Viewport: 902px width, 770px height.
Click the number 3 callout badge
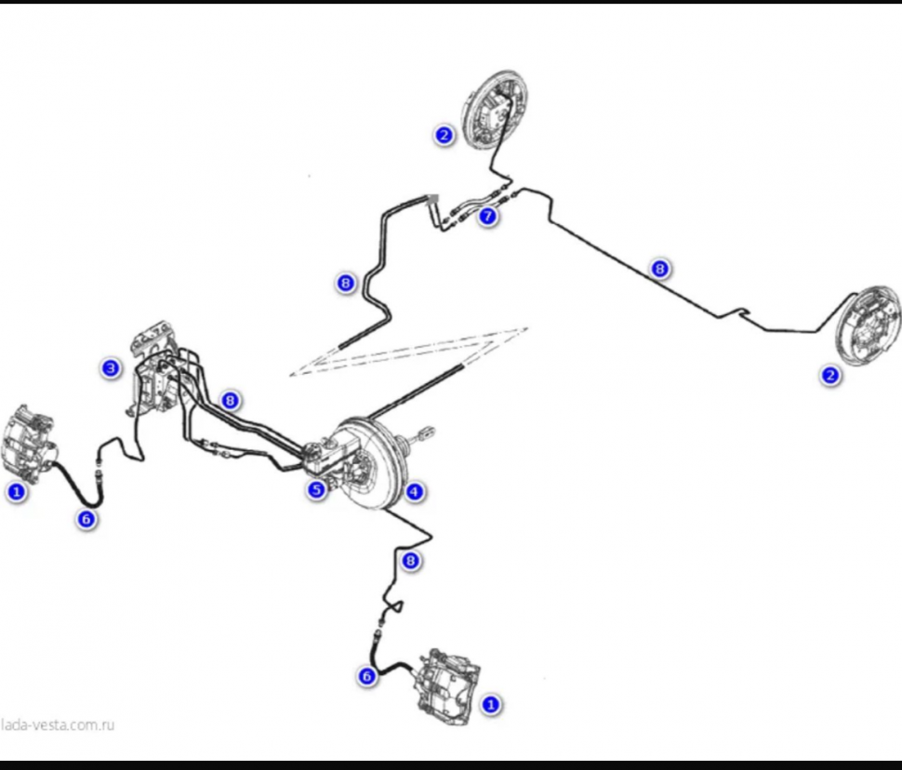click(x=111, y=367)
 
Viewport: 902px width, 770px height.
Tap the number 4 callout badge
click(x=414, y=491)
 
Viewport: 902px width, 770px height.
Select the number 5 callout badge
click(x=316, y=490)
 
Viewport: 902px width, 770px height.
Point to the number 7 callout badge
click(x=488, y=217)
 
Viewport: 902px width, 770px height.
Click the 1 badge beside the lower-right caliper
click(x=491, y=704)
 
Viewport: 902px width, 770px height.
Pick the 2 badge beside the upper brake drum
click(x=444, y=135)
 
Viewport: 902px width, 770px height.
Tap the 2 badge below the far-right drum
click(x=829, y=376)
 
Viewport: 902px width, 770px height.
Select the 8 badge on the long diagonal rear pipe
click(x=660, y=269)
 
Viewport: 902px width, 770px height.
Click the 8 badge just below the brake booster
click(x=410, y=561)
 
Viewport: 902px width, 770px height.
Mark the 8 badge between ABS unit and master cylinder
click(x=230, y=400)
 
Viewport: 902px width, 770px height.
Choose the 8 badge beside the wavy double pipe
click(x=345, y=283)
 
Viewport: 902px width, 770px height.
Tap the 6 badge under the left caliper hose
click(x=86, y=519)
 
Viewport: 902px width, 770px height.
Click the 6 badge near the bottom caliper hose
click(x=367, y=676)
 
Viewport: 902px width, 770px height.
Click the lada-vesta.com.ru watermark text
click(x=57, y=724)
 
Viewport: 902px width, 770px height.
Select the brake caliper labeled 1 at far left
click(x=28, y=442)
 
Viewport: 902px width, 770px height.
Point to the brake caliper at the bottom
click(x=450, y=686)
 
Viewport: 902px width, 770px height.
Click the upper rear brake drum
click(x=495, y=110)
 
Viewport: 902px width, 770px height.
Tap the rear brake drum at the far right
click(x=868, y=332)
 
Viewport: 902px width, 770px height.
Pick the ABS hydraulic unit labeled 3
click(x=154, y=367)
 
